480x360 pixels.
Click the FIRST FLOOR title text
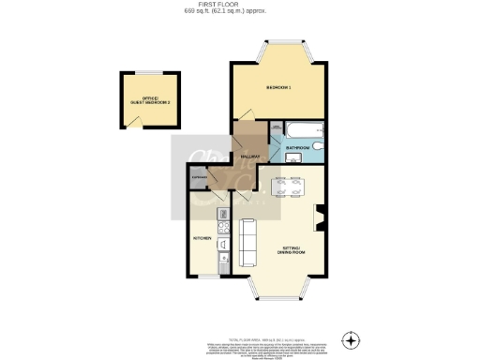239,5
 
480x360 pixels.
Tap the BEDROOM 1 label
279,87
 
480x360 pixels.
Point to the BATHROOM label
298,148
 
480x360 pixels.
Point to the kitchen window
208,277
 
